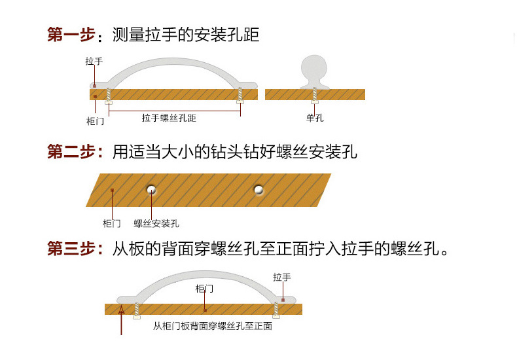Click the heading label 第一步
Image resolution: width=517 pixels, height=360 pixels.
71,35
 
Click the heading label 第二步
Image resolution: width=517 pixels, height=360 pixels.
71,152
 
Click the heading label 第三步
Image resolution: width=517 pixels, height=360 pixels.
71,248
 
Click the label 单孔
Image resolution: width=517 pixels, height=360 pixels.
315,118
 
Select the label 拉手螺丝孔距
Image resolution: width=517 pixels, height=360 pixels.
169,118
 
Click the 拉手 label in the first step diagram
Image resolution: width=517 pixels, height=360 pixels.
94,61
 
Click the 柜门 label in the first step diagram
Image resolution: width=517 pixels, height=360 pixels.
95,121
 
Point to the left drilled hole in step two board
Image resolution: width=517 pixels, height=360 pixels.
151,190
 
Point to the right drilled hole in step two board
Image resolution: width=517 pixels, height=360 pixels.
258,190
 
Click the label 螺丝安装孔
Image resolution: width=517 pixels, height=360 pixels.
156,223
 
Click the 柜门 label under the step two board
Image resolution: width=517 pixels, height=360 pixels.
112,223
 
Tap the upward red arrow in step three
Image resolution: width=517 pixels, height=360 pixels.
121,321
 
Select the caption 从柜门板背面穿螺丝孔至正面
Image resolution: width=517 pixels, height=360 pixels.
213,326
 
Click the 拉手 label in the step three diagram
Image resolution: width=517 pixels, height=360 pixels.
282,278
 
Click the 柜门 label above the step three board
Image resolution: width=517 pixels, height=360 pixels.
204,289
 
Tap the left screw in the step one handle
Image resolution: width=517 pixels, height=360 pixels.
109,96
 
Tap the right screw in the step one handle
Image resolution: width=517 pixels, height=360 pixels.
240,96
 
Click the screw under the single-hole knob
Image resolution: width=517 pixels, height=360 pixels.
315,96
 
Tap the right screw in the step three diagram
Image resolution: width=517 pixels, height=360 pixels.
276,310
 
